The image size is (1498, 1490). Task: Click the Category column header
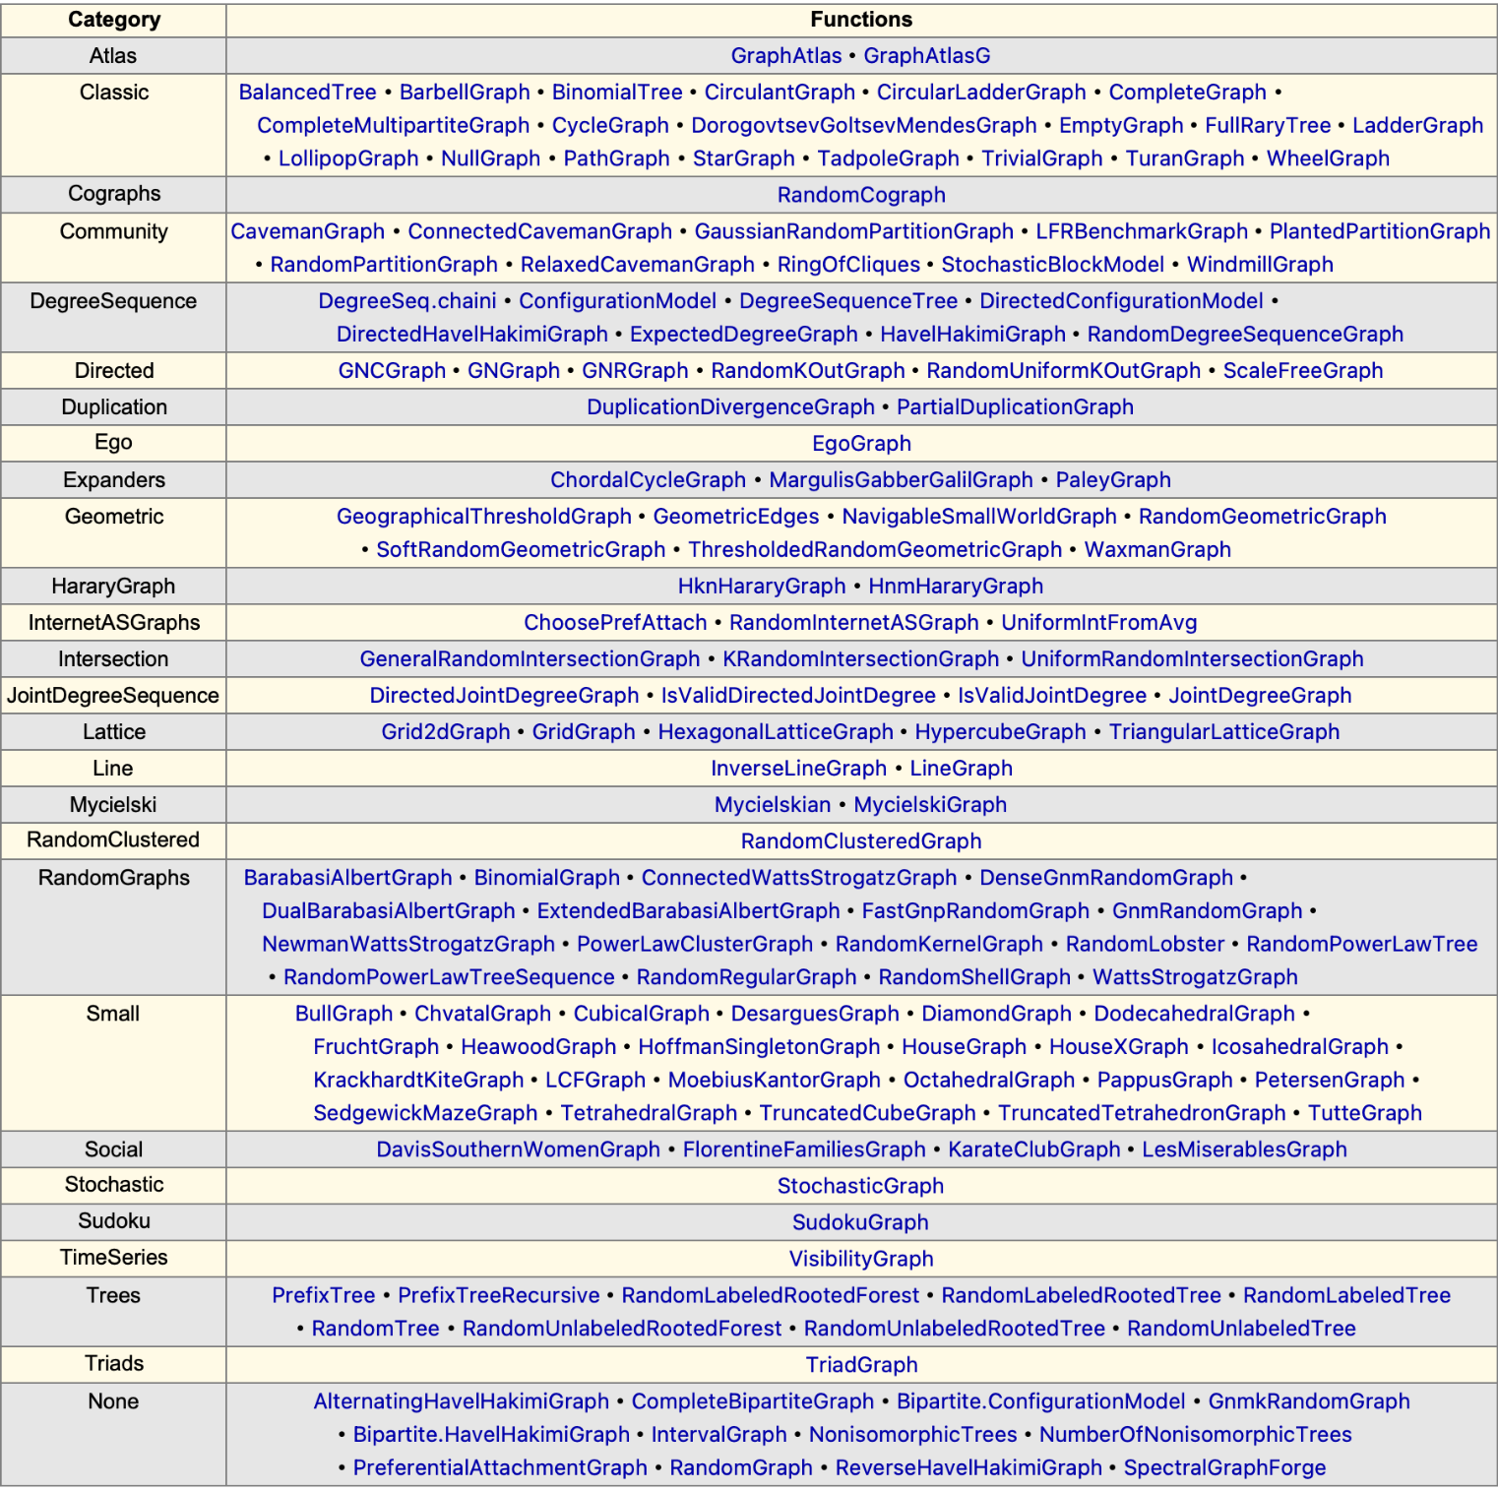click(113, 20)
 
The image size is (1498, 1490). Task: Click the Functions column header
click(861, 20)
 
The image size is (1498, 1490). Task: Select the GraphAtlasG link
click(926, 56)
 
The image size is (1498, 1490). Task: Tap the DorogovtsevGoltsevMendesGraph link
click(863, 126)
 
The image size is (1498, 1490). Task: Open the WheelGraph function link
click(1327, 158)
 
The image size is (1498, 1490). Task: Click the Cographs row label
click(113, 194)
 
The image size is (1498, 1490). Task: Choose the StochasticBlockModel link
click(1052, 265)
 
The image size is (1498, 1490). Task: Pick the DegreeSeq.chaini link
click(406, 301)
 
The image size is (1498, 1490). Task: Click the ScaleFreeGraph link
click(1302, 371)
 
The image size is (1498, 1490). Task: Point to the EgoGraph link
click(861, 444)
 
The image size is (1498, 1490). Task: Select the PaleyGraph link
click(1112, 480)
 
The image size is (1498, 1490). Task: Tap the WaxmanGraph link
click(1156, 550)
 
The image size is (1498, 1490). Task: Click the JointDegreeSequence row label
click(113, 696)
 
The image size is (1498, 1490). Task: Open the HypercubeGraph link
click(1000, 732)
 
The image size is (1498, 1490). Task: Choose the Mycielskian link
click(772, 805)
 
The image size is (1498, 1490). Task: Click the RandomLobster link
click(1145, 945)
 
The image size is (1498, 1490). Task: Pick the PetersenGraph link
click(1329, 1081)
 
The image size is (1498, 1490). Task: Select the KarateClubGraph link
click(1033, 1149)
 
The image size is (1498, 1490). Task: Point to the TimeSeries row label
click(113, 1258)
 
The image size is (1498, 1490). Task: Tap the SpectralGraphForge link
click(1224, 1468)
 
